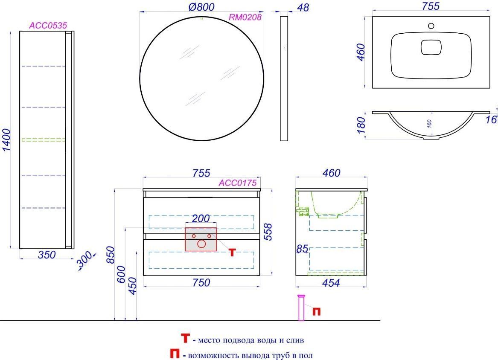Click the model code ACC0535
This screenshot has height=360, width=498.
(x=48, y=26)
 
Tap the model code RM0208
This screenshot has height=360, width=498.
(x=245, y=17)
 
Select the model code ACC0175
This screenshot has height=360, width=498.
(x=238, y=183)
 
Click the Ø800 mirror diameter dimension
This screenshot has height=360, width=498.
(x=202, y=7)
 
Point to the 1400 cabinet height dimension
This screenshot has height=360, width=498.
(x=6, y=140)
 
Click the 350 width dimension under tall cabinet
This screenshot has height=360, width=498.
(x=47, y=255)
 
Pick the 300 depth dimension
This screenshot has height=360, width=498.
(x=85, y=260)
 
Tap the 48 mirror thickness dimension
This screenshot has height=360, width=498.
(x=303, y=7)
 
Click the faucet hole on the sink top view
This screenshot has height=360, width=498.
(x=431, y=26)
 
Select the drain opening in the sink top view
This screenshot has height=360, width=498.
(x=431, y=47)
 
